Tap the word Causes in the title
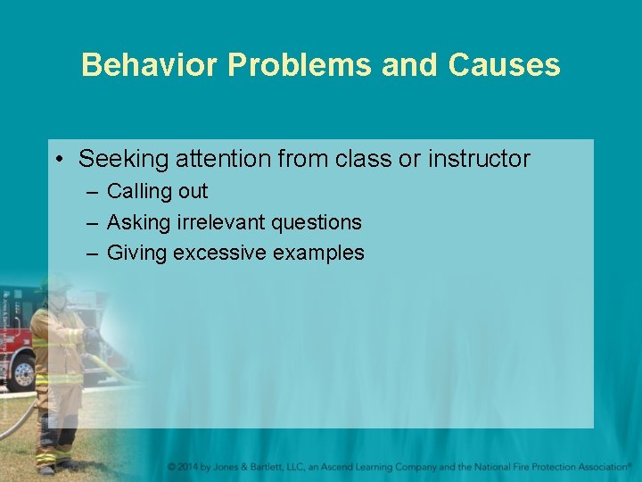coord(505,65)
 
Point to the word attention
coord(220,160)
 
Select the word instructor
coord(479,160)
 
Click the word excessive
coord(219,253)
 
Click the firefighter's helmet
coord(55,285)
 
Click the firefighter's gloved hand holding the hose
coord(89,337)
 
